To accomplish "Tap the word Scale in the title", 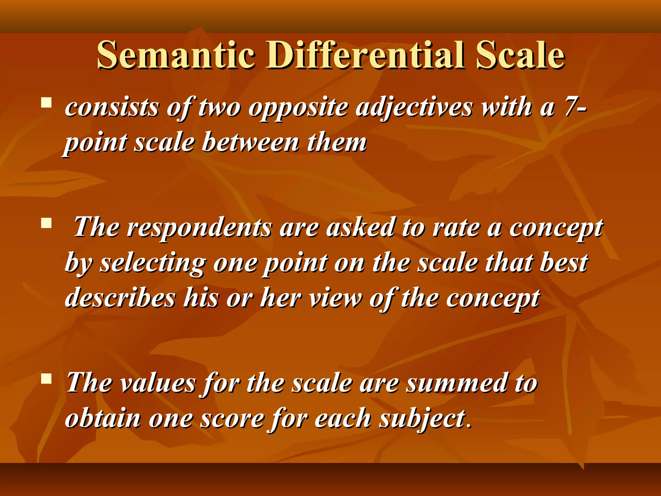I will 520,55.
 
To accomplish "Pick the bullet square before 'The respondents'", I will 46,223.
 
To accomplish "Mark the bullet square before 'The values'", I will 46,378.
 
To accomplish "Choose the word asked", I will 360,227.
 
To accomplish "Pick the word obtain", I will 103,418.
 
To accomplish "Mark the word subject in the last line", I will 422,419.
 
